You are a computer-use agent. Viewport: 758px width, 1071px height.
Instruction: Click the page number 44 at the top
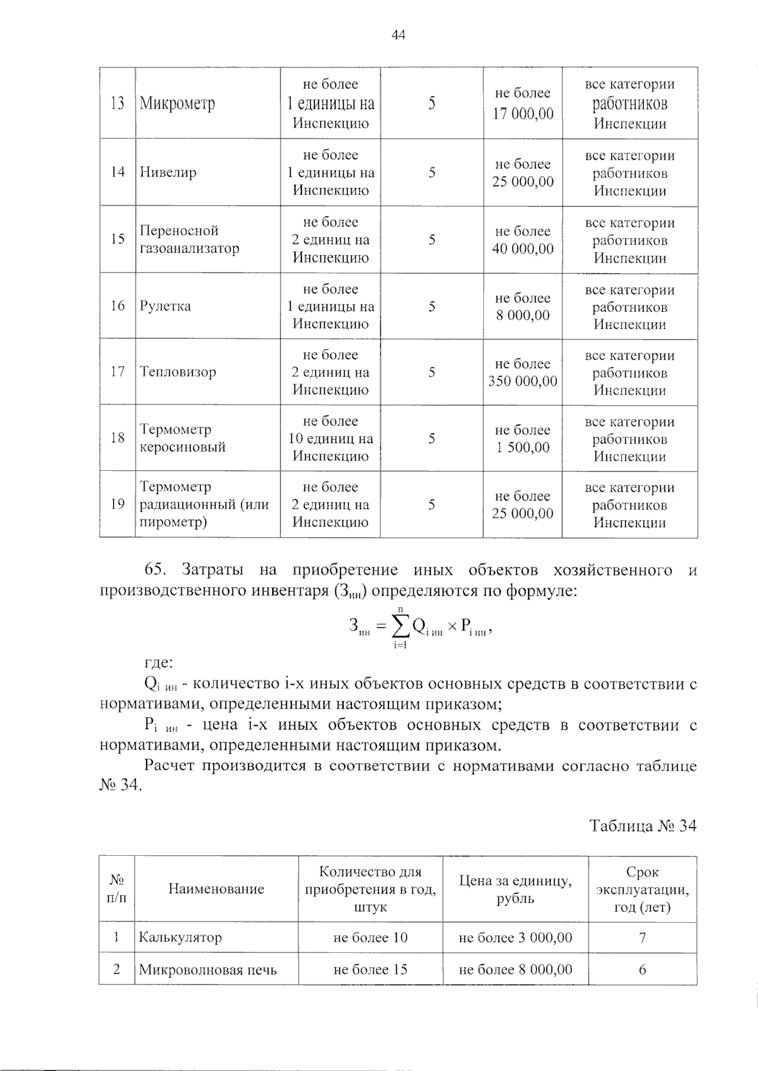coord(398,35)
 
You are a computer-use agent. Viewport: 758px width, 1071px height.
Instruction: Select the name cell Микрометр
coord(177,104)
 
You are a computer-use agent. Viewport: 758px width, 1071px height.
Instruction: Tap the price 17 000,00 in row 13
coord(523,114)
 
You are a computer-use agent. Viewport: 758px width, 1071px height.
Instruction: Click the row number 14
coord(117,172)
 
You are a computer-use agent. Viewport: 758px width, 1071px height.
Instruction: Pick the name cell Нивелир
coord(168,172)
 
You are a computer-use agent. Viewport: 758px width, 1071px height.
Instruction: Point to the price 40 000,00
coord(523,249)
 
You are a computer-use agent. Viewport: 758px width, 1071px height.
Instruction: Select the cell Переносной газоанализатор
coord(189,240)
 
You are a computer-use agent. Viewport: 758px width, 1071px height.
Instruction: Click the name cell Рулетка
coord(165,307)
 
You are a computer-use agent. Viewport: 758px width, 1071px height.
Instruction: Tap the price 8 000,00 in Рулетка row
coord(523,316)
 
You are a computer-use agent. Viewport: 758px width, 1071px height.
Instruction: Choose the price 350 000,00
coord(523,381)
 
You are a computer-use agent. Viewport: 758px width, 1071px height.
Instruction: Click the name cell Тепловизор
coord(178,372)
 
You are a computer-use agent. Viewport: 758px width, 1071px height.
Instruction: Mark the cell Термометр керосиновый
coord(183,439)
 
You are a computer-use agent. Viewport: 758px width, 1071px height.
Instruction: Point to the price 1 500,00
coord(523,447)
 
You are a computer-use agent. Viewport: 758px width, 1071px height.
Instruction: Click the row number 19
coord(117,504)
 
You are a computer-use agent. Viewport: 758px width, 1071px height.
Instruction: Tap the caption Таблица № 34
coord(643,826)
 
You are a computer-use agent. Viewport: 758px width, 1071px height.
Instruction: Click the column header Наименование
coord(216,889)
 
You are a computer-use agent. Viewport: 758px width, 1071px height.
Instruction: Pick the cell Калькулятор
coord(181,938)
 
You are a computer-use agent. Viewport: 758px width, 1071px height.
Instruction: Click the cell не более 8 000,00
coord(515,970)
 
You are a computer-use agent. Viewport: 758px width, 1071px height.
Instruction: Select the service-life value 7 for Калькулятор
coord(642,938)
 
